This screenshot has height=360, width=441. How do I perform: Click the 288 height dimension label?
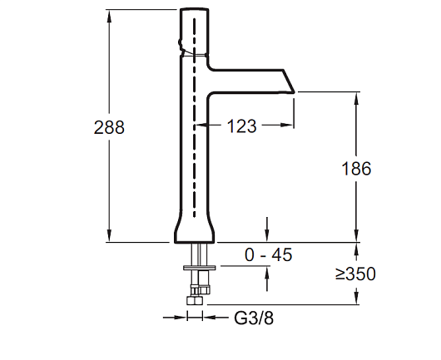109,127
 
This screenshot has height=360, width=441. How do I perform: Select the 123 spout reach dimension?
242,126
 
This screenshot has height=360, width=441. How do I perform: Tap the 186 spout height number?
356,169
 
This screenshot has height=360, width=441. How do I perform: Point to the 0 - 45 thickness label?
269,255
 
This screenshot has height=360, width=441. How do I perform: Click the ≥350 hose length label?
355,274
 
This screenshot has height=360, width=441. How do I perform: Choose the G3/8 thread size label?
254,318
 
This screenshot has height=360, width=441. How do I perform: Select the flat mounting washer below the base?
200,267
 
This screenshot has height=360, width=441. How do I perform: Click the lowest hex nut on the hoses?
195,300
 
